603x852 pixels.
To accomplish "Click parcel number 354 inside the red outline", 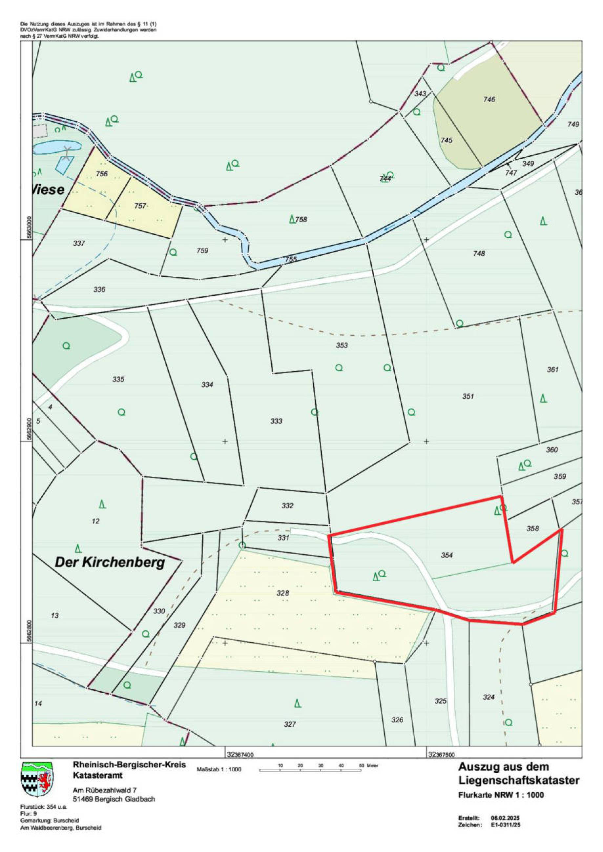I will click(447, 555).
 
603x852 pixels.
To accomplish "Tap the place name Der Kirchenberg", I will click(110, 563).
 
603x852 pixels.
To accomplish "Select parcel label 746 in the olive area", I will click(489, 99).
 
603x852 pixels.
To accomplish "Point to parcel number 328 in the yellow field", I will click(283, 593).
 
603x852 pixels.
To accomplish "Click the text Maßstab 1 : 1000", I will click(219, 769).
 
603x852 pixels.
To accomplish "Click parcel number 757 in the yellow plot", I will click(140, 206).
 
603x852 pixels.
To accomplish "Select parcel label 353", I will click(342, 346).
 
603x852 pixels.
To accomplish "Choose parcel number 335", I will click(118, 380).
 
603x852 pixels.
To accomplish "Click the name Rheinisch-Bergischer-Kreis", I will click(130, 765).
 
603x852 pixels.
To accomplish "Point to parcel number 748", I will click(479, 253).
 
